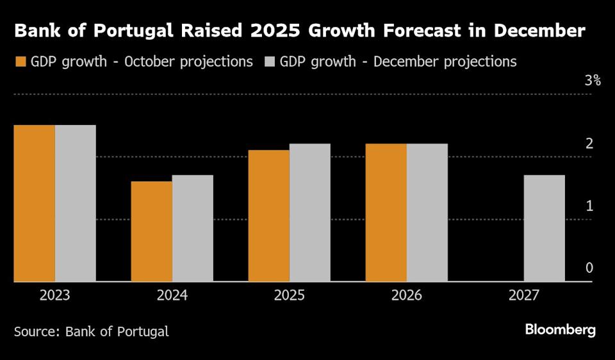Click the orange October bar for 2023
[34, 203]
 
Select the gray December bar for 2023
[75, 203]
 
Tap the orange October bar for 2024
[151, 231]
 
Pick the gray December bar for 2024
[192, 228]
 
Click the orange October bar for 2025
[268, 216]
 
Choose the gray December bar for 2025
[309, 213]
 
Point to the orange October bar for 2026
[386, 213]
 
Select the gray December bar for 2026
[427, 213]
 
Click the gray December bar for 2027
[544, 228]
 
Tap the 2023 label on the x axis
[54, 296]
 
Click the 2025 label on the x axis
[289, 296]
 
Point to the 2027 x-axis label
[523, 296]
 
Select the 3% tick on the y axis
[592, 81]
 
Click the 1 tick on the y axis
[589, 206]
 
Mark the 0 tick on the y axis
[589, 268]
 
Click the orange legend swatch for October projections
[20, 62]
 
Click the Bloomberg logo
[561, 330]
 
